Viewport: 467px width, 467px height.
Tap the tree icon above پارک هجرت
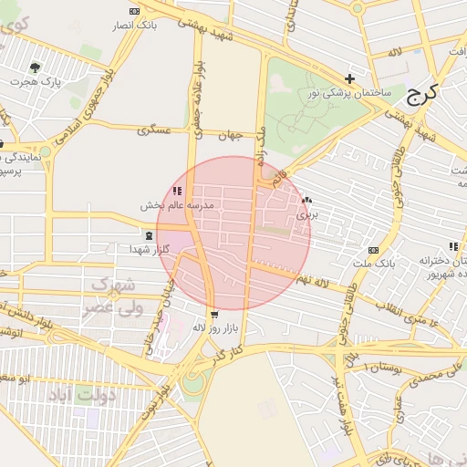[36, 67]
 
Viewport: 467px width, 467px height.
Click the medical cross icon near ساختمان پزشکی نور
[349, 79]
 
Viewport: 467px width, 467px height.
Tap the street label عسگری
[154, 130]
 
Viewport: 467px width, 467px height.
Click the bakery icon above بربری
[306, 201]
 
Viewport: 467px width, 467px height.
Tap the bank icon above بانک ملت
[372, 250]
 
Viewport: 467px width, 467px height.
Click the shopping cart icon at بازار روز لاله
[213, 313]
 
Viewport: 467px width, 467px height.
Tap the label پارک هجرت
[36, 82]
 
